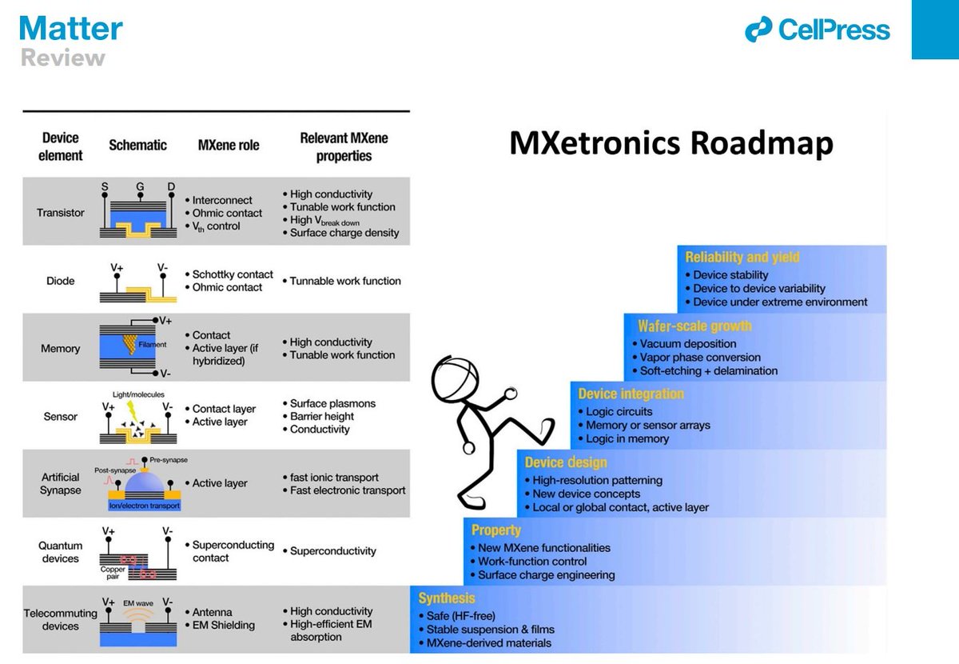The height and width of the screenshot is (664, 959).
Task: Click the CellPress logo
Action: pos(817,30)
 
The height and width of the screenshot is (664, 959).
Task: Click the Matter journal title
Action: pos(71,29)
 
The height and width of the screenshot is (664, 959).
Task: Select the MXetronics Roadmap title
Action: pos(671,143)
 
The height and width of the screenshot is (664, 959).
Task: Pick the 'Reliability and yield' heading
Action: pos(742,257)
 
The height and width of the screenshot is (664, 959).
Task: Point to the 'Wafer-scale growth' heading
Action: pos(694,326)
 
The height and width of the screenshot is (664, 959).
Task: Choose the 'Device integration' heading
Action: pos(631,394)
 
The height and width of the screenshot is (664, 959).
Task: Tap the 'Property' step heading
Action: pos(495,530)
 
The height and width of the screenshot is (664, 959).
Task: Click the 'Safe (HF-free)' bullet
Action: pos(460,615)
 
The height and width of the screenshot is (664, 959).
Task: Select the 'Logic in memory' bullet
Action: pos(627,438)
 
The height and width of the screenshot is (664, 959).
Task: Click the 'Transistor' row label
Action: pos(60,213)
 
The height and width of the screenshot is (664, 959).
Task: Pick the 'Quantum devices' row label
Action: pos(61,551)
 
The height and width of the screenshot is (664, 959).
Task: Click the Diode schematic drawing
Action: pos(138,281)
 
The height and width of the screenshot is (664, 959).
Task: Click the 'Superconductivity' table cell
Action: pos(332,551)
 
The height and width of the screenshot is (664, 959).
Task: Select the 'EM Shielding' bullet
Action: pos(224,625)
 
